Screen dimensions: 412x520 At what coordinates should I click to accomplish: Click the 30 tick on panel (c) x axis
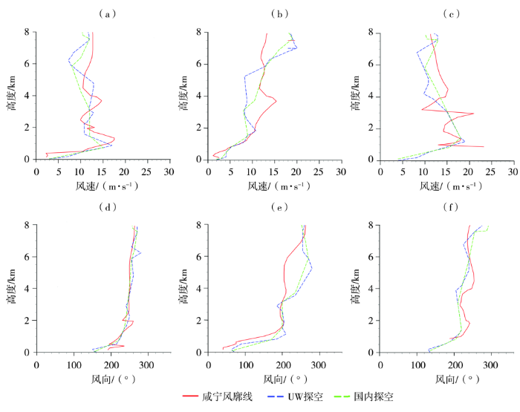pyautogui.click(x=513, y=171)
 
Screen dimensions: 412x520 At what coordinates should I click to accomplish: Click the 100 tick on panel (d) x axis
pyautogui.click(x=74, y=365)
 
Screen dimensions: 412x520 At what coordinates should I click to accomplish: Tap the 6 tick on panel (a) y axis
pyautogui.click(x=27, y=64)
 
